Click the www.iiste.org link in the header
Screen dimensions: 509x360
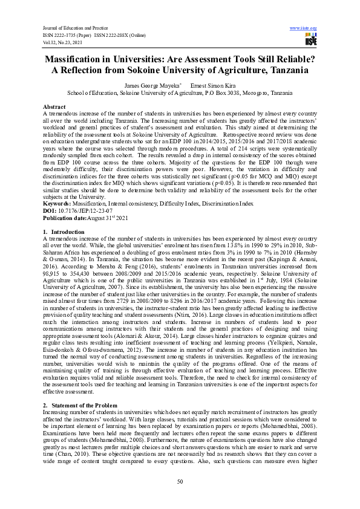pos(304,28)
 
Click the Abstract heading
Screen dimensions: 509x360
pos(54,106)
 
